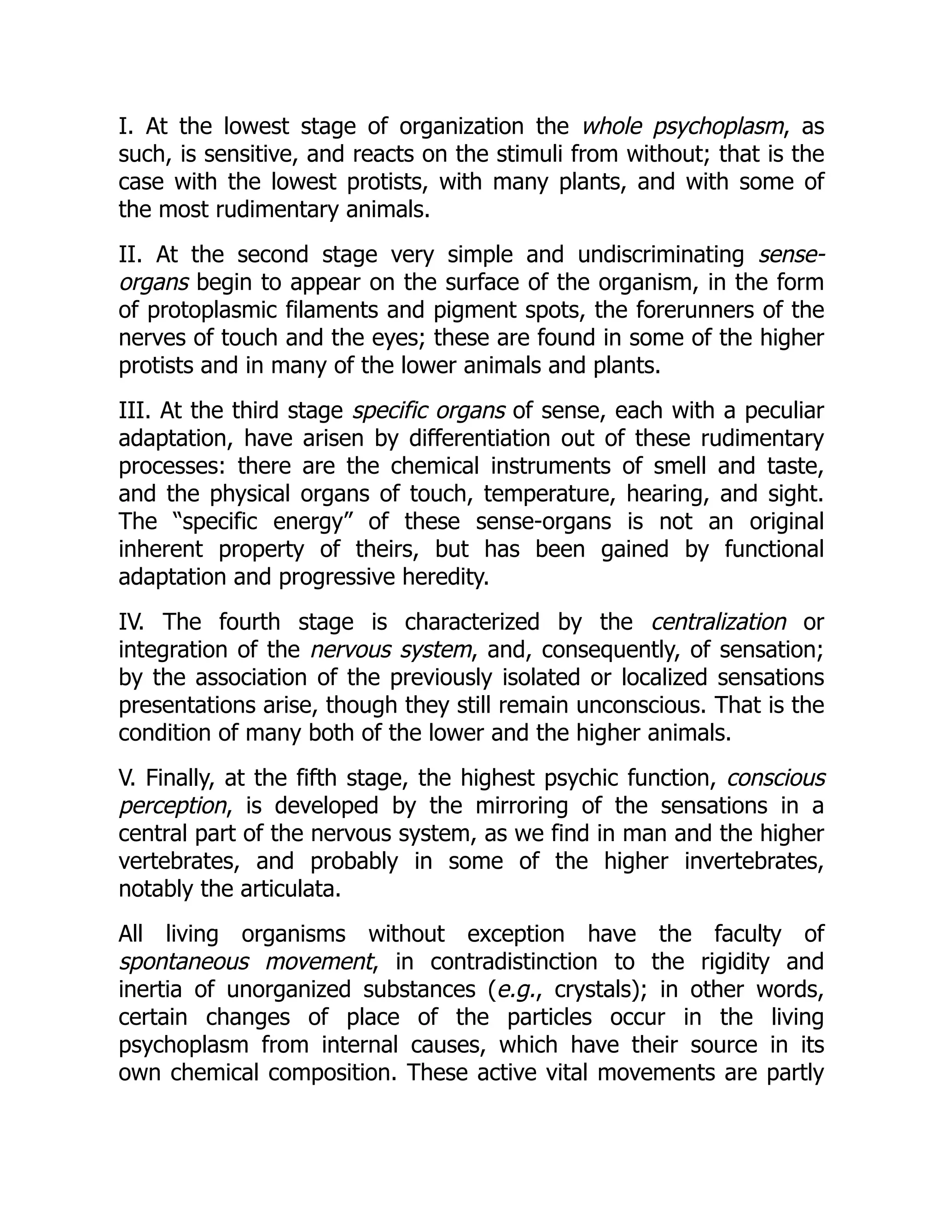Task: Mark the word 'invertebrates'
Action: [x=754, y=861]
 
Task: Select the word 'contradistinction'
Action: [x=513, y=962]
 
